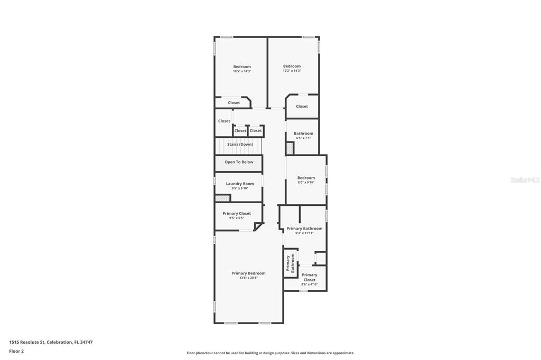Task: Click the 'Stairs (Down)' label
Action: click(x=240, y=144)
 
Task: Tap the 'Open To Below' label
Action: click(x=239, y=162)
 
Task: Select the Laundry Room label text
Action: click(x=240, y=184)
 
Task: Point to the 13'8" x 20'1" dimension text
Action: click(x=248, y=278)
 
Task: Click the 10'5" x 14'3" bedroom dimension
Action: click(x=242, y=71)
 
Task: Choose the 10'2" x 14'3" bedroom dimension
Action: click(x=292, y=71)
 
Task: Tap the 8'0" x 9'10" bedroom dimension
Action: click(x=306, y=183)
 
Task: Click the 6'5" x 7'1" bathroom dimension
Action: click(x=303, y=138)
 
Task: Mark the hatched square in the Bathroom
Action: click(x=290, y=149)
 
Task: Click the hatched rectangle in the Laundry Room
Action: click(x=222, y=198)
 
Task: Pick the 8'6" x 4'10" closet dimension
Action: click(x=310, y=285)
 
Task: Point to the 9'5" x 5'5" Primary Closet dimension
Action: click(x=236, y=218)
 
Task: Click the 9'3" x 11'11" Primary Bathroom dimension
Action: click(x=304, y=233)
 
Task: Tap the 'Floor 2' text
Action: click(x=16, y=350)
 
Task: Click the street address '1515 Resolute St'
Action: click(x=26, y=342)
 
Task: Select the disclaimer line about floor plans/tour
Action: click(x=270, y=353)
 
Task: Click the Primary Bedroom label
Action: click(x=248, y=273)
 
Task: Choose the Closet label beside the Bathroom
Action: click(x=302, y=106)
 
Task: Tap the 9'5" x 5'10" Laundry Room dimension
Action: click(x=240, y=188)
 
